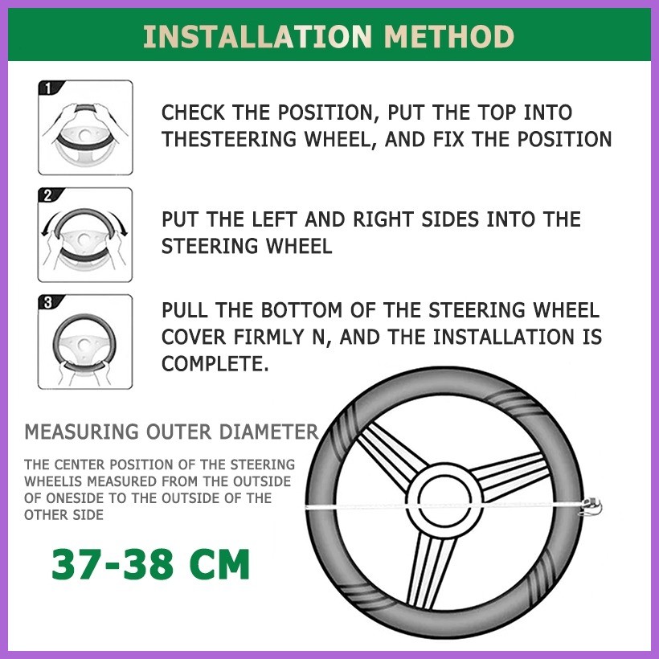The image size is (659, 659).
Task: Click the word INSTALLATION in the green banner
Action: click(258, 36)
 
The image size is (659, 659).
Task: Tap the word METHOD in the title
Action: click(449, 36)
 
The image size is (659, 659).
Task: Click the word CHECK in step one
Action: click(194, 113)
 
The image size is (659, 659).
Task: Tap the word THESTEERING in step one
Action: click(229, 140)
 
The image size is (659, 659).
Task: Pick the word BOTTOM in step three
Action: click(301, 310)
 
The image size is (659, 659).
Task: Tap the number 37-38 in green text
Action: click(112, 564)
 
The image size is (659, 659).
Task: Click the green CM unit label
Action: click(220, 564)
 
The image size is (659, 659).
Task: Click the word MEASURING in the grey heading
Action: click(81, 432)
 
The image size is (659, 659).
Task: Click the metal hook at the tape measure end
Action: click(591, 506)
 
